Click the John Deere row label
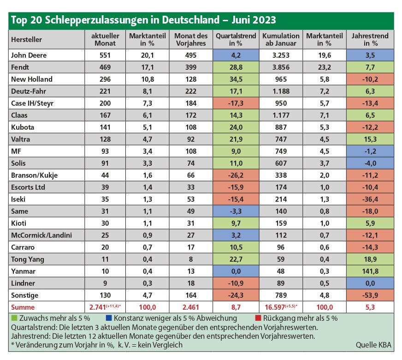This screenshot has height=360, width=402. point(29,55)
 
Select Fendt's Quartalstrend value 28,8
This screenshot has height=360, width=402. point(236,67)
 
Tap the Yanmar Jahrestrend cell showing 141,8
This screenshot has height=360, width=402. point(370,271)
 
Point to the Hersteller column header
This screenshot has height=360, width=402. point(26,40)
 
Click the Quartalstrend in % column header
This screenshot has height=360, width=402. point(236,40)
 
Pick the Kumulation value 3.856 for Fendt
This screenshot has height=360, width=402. point(281,67)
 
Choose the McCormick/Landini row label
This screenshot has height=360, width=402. point(41,235)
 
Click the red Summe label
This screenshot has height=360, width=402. point(23,307)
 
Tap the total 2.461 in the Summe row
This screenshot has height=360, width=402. point(191,307)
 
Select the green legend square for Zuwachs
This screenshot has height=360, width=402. point(14,318)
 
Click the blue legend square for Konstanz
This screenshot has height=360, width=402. point(109,318)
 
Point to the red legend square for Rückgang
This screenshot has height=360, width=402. point(258,318)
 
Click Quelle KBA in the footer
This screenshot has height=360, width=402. point(373,345)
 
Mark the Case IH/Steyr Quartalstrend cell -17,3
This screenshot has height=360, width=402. point(236,103)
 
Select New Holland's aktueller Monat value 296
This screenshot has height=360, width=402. point(105,79)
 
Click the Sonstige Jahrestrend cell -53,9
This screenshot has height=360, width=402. point(370,295)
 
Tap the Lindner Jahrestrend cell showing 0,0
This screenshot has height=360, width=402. point(370,283)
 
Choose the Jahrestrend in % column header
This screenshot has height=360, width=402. point(370,40)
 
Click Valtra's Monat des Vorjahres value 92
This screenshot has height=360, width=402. point(191,139)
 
